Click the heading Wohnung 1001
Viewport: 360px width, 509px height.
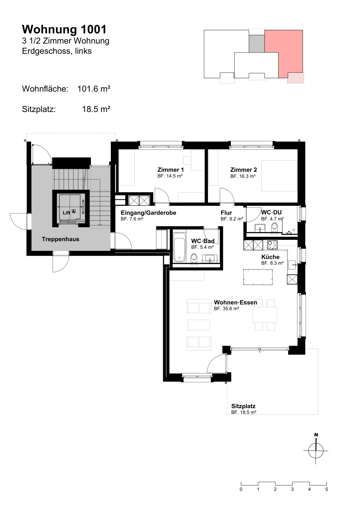click(x=64, y=30)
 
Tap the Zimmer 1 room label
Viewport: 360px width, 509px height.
click(x=170, y=170)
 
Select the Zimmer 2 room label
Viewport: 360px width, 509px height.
click(x=244, y=170)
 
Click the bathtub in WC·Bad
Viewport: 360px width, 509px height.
click(x=180, y=250)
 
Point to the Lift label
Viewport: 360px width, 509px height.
click(x=66, y=213)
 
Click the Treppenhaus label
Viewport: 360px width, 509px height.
click(x=60, y=239)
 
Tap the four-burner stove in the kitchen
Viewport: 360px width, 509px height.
click(x=272, y=245)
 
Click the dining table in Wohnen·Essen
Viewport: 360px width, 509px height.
click(x=265, y=315)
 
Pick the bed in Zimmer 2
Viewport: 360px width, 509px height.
click(x=279, y=176)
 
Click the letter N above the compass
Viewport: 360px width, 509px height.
click(x=316, y=435)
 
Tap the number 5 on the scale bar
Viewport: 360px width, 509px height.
click(x=327, y=490)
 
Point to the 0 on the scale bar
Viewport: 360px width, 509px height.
click(x=241, y=490)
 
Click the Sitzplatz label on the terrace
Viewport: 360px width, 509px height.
click(x=243, y=406)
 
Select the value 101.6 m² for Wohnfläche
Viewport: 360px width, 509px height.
click(x=94, y=89)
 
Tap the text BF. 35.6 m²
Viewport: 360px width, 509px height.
click(x=226, y=309)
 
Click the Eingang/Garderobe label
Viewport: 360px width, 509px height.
click(x=149, y=213)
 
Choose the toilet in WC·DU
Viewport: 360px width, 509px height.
click(x=275, y=227)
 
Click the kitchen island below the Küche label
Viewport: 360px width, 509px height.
click(x=258, y=277)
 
